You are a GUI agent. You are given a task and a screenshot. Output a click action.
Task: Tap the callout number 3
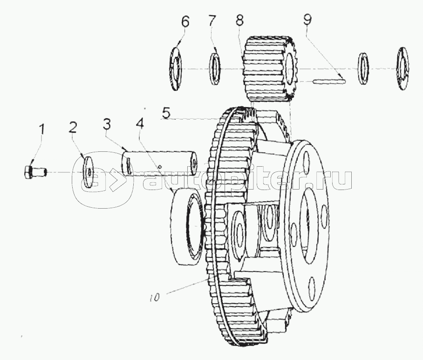(107, 125)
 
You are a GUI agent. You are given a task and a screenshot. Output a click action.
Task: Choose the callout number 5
(166, 113)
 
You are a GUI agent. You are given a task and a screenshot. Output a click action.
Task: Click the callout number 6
(185, 21)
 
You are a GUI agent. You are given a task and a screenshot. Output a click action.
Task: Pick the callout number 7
(212, 21)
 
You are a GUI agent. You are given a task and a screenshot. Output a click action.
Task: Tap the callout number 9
(307, 20)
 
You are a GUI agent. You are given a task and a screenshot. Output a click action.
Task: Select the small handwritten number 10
(155, 298)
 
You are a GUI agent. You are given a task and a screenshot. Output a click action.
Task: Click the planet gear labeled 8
(269, 69)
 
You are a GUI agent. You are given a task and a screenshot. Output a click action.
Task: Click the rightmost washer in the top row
(403, 68)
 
